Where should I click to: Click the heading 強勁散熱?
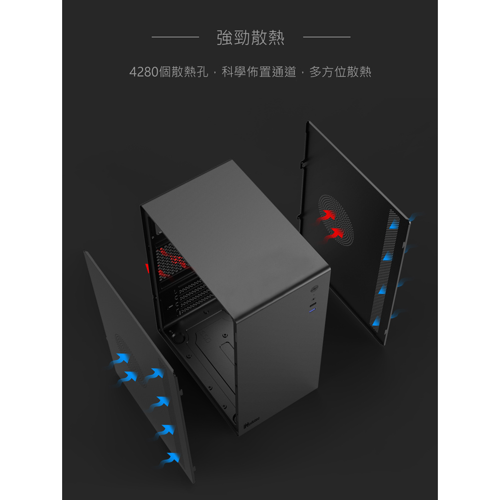pyautogui.click(x=251, y=38)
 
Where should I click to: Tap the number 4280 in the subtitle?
pyautogui.click(x=144, y=72)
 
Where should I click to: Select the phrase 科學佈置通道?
pyautogui.click(x=259, y=72)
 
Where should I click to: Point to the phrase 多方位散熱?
pyautogui.click(x=340, y=72)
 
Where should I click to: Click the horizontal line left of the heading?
pyautogui.click(x=175, y=37)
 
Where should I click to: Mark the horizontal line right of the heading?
pyautogui.click(x=327, y=37)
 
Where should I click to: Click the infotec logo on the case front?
pyautogui.click(x=252, y=422)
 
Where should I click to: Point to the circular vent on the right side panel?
pyautogui.click(x=336, y=220)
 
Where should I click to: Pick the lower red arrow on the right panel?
pyautogui.click(x=335, y=233)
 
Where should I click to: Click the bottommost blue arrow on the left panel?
pyautogui.click(x=171, y=459)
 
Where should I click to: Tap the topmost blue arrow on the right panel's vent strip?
pyautogui.click(x=394, y=225)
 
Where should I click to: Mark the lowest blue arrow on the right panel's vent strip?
pyautogui.click(x=376, y=321)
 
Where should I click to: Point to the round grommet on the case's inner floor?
pyautogui.click(x=178, y=338)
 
